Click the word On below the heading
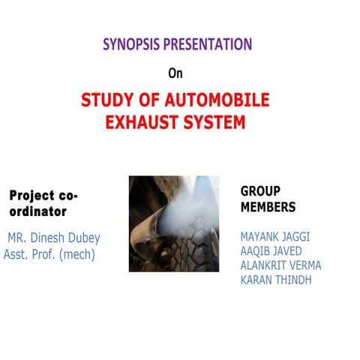coord(175,73)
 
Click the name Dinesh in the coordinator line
coord(57,238)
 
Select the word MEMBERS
coord(268,207)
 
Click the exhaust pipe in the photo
coord(150,225)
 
